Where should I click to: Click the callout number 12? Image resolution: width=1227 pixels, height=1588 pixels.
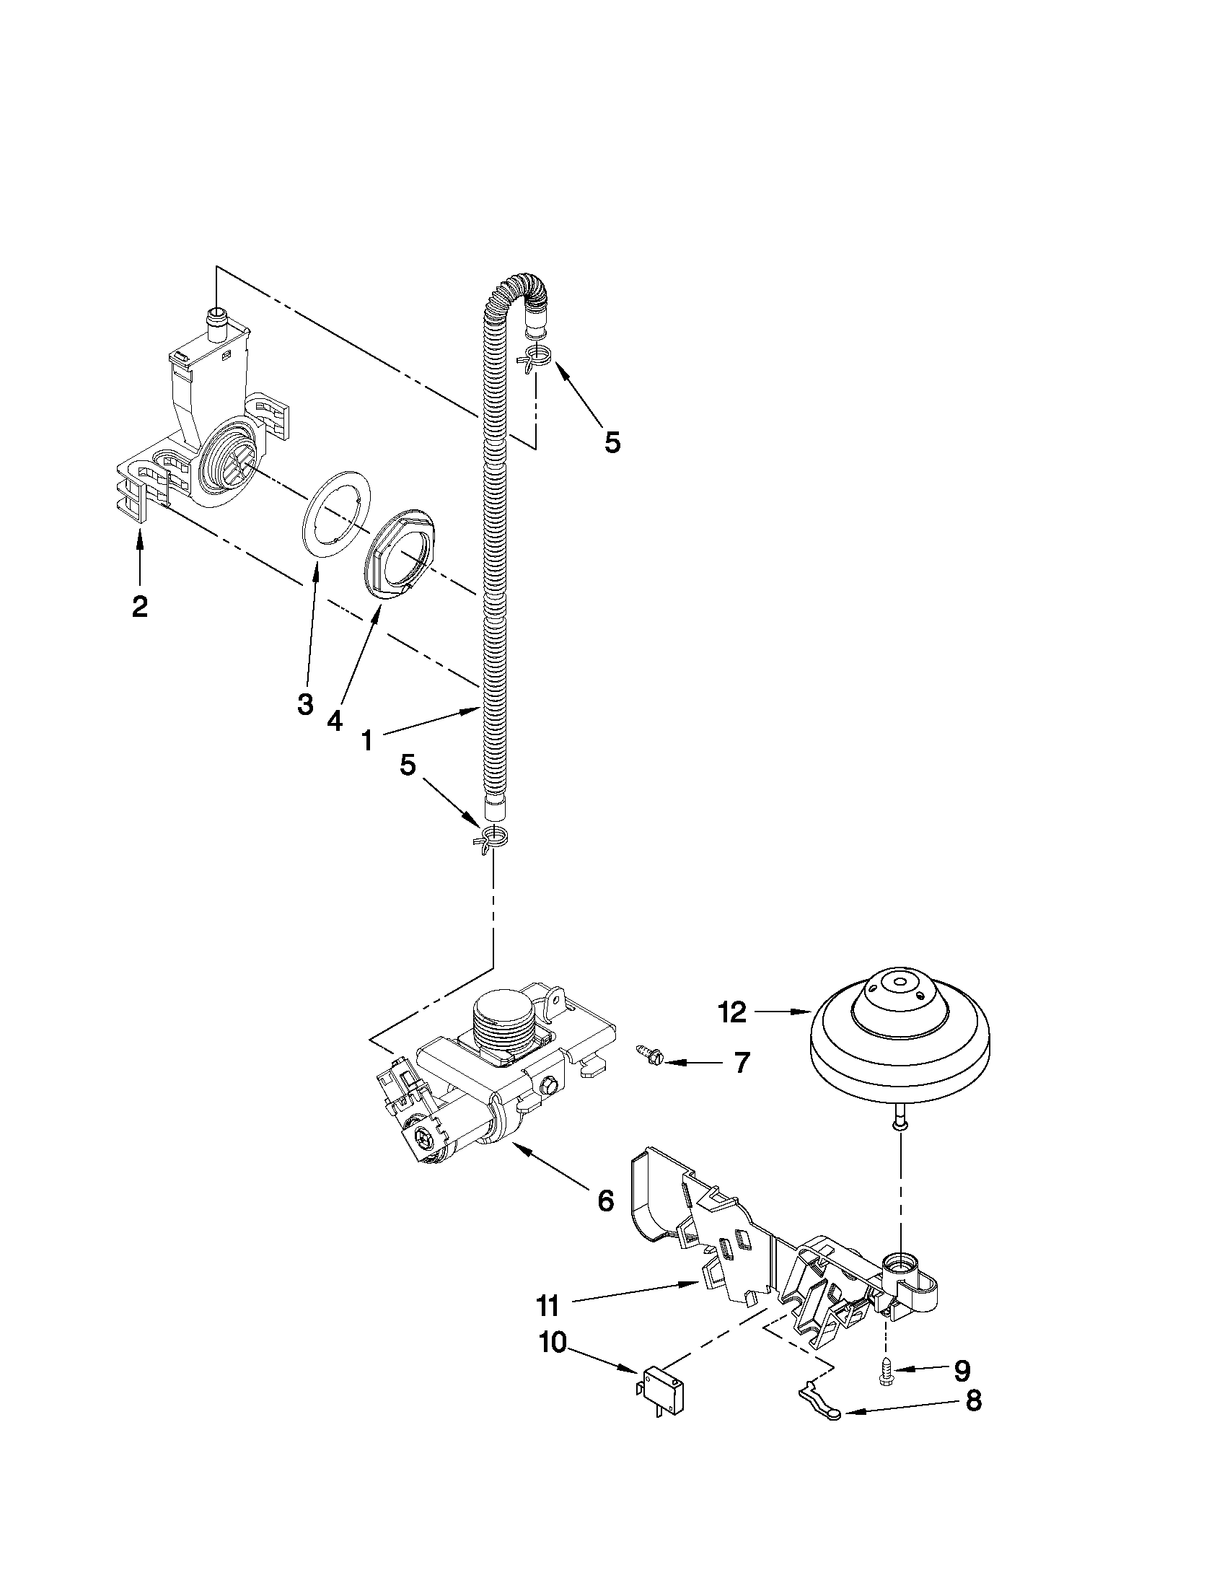(x=732, y=1012)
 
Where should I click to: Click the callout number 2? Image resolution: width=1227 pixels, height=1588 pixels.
(x=139, y=605)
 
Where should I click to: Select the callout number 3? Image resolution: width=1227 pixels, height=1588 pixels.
(x=305, y=703)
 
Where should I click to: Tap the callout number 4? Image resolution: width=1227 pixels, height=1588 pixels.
(x=334, y=720)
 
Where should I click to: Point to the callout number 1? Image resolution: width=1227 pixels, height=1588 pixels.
(x=367, y=741)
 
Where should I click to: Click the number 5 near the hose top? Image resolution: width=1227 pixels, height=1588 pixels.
(x=612, y=442)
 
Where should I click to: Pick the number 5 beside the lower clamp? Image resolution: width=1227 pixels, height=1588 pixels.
(x=408, y=764)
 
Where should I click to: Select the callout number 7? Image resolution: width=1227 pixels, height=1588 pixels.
(x=741, y=1063)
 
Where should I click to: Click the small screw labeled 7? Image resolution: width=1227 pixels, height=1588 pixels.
(x=646, y=1056)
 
